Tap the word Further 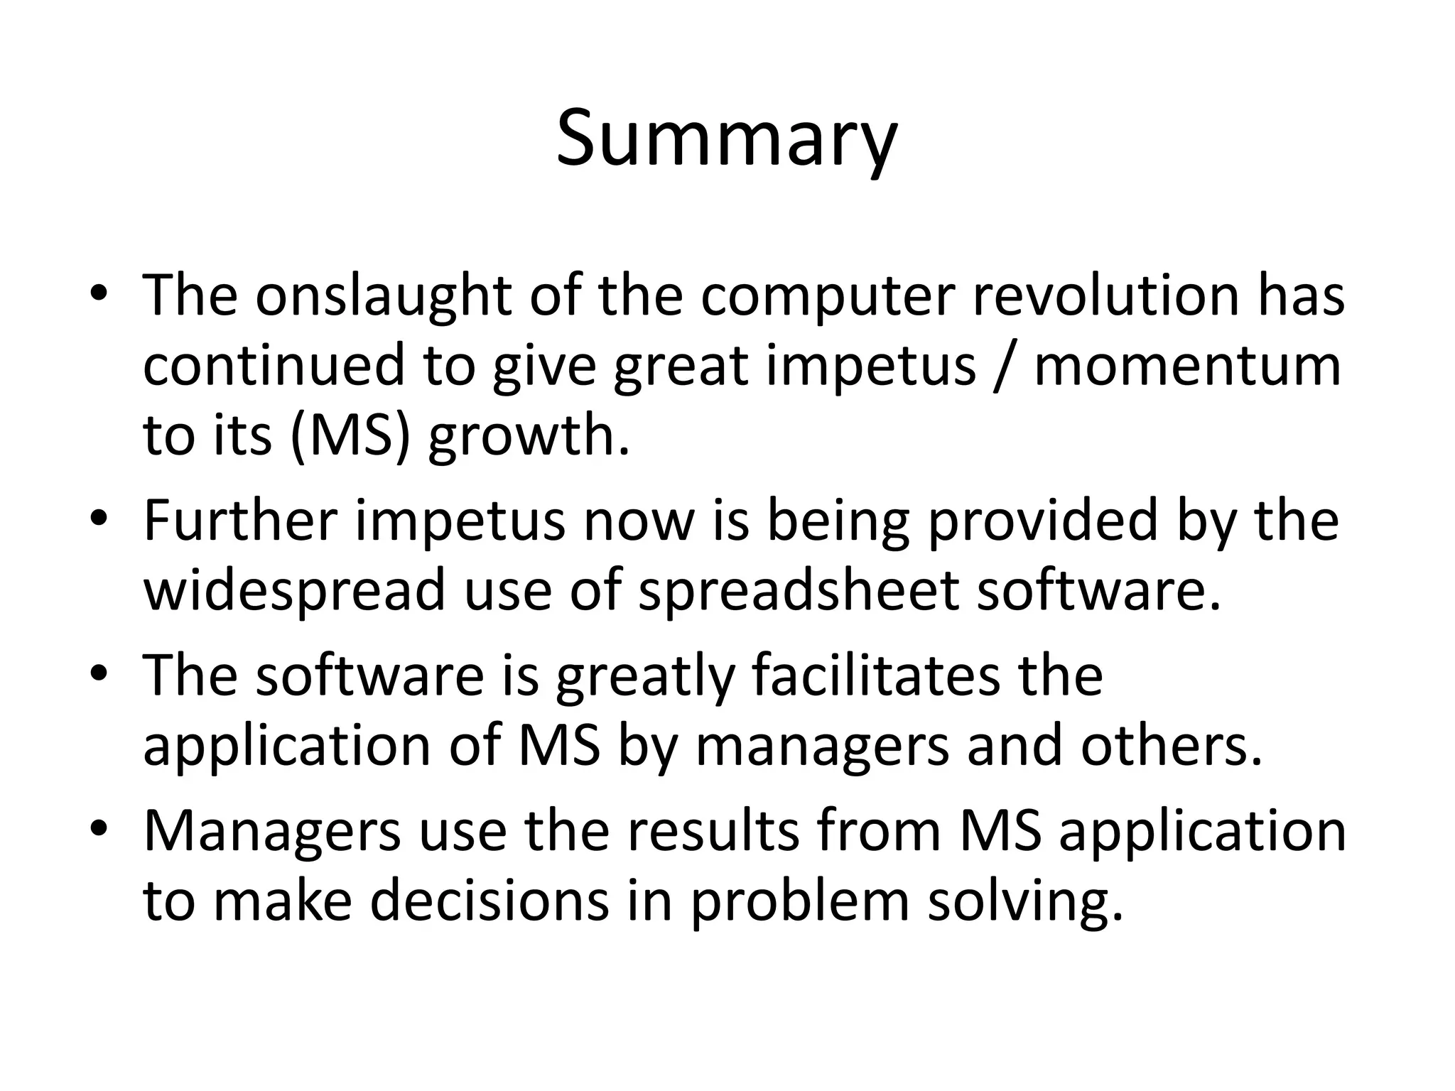tap(240, 521)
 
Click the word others tap(1171, 746)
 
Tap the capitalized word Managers tap(273, 832)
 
